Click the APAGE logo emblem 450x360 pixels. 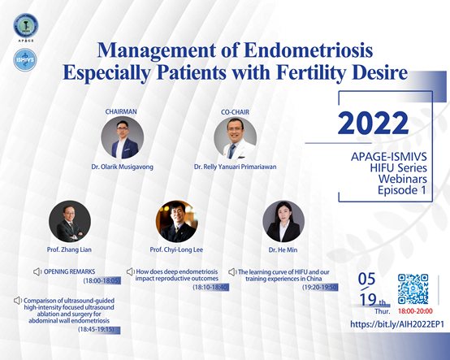point(26,26)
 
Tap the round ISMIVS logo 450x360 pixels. point(25,59)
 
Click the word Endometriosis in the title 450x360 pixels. point(309,50)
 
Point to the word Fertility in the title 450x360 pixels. point(314,73)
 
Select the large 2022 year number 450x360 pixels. point(373,124)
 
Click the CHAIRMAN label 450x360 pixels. point(121,111)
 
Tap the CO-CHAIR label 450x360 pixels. point(235,112)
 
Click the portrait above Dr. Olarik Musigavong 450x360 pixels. point(123,138)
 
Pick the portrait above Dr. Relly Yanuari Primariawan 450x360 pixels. point(236,138)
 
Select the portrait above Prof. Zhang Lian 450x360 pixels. point(70,221)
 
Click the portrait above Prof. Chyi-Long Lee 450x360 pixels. point(177,221)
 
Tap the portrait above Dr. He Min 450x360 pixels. point(283,221)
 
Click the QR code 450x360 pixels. point(413,288)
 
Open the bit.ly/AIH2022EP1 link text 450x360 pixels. point(397,324)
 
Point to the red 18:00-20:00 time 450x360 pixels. point(415,311)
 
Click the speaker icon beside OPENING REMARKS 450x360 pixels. point(37,271)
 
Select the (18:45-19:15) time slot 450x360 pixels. point(96,329)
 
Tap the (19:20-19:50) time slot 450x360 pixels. point(320,287)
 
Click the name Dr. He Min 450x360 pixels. point(283,250)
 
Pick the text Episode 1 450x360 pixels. point(402,190)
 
